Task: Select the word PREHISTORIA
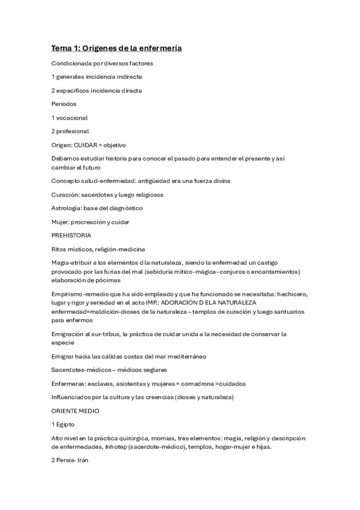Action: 72,235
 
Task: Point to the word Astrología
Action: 66,208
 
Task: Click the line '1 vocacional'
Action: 70,117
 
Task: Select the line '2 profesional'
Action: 70,131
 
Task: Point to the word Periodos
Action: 64,104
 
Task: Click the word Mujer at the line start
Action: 60,222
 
